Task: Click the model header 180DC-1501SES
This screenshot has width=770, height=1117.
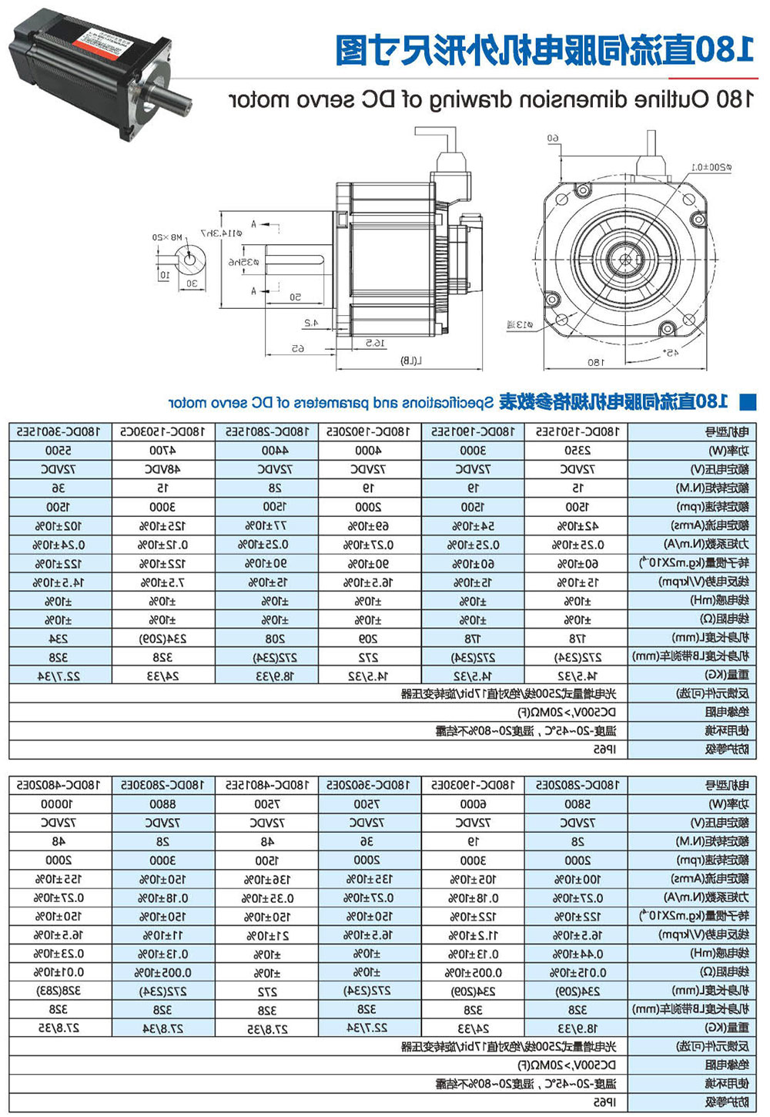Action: [577, 431]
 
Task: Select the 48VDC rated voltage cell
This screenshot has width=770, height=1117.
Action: [162, 469]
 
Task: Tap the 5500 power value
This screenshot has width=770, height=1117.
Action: [59, 451]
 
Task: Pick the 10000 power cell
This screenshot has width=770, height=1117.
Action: [59, 803]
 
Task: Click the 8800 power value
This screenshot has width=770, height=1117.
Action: [162, 803]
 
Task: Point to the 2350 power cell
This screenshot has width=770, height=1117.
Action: [577, 451]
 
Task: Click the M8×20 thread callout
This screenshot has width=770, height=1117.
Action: [166, 237]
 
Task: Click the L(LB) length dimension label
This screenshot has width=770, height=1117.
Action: [412, 361]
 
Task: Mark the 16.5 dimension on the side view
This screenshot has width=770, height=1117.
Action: [375, 343]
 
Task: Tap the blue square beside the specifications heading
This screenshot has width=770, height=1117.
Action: [747, 401]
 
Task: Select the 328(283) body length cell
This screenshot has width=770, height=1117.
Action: [59, 991]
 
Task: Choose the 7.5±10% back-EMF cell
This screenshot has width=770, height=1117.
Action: [162, 582]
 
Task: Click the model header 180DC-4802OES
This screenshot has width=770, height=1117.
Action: [59, 784]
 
